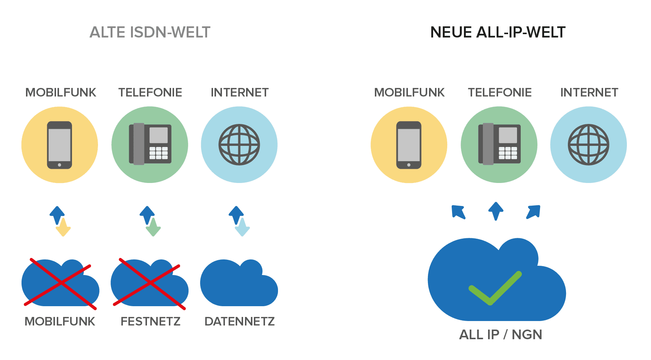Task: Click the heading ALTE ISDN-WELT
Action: click(x=150, y=32)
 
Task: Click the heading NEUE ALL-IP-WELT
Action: click(x=498, y=32)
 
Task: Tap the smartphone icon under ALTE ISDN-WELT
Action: click(x=59, y=145)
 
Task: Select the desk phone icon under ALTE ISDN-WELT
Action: click(x=150, y=144)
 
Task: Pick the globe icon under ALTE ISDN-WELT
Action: click(x=239, y=144)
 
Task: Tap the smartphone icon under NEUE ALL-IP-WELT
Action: click(x=409, y=145)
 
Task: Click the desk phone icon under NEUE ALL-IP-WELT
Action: click(x=499, y=144)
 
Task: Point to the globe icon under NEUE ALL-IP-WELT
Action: click(x=588, y=144)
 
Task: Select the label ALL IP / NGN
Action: click(x=500, y=335)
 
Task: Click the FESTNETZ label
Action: click(x=151, y=321)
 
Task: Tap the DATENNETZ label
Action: click(x=240, y=321)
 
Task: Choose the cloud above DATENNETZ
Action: click(x=239, y=284)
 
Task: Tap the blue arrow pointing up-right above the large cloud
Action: click(x=534, y=212)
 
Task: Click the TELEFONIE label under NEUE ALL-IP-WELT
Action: click(x=500, y=92)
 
